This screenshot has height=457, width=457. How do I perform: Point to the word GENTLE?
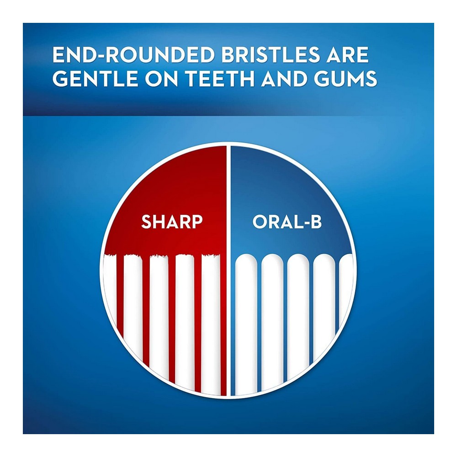click(95, 78)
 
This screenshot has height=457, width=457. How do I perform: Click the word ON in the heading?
click(161, 78)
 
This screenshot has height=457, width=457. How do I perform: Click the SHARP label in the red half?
click(172, 222)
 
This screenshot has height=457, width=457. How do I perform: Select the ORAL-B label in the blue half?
click(287, 222)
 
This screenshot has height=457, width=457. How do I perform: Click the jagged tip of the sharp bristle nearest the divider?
click(211, 256)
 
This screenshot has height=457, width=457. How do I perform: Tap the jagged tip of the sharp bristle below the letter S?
click(133, 256)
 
